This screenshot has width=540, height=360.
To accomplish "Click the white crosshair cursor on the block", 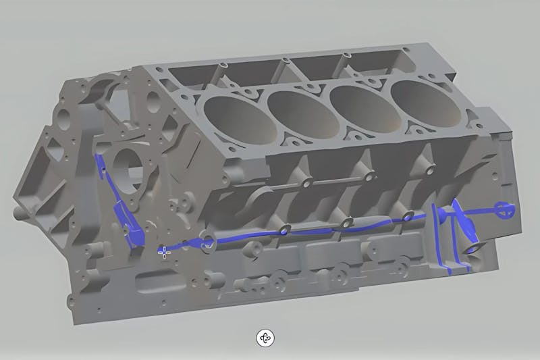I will [163, 252].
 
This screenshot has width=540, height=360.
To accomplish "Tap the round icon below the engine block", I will [265, 338].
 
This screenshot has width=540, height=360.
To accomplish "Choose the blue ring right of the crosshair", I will [206, 241].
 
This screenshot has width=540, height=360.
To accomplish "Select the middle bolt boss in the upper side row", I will [368, 177].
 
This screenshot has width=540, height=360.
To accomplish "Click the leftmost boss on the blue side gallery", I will [284, 229].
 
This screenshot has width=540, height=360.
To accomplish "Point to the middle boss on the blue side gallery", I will [346, 223].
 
